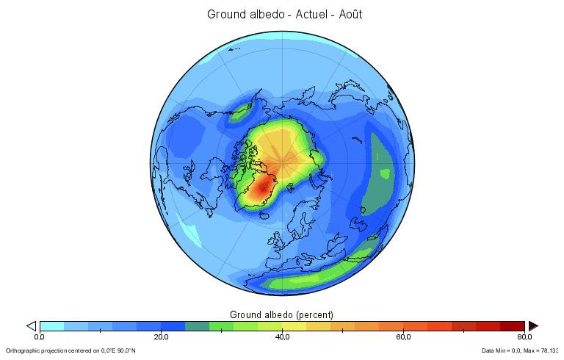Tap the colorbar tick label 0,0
pyautogui.click(x=40, y=337)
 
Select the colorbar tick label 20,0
pyautogui.click(x=161, y=337)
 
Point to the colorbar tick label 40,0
pyautogui.click(x=282, y=337)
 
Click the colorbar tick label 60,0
pyautogui.click(x=403, y=337)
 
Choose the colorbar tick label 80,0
pyautogui.click(x=524, y=337)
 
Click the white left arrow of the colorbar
pyautogui.click(x=31, y=325)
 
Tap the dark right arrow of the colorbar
pyautogui.click(x=533, y=325)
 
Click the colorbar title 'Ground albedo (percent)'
pyautogui.click(x=282, y=314)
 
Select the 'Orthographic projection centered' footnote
pyautogui.click(x=70, y=350)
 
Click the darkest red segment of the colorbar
pyautogui.click(x=512, y=325)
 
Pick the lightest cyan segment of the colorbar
pyautogui.click(x=51, y=325)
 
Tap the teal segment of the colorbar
pyautogui.click(x=197, y=325)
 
